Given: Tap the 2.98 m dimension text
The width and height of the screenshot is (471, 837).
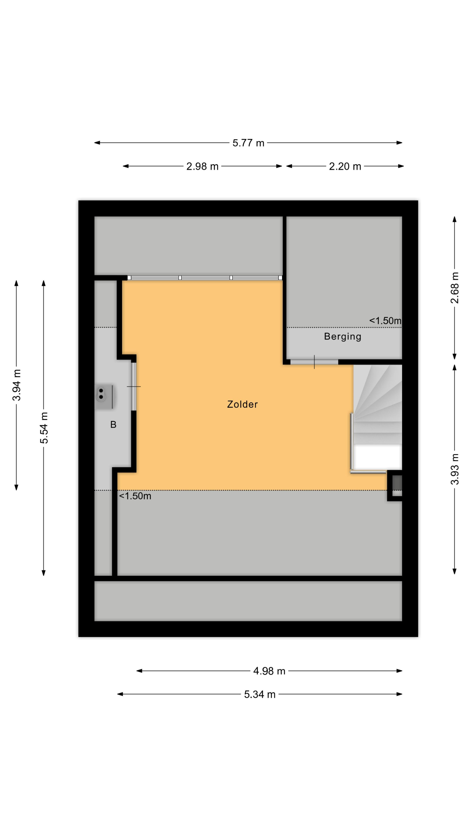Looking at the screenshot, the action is pos(202,166).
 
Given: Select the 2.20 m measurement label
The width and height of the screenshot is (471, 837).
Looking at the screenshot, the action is pos(345,166).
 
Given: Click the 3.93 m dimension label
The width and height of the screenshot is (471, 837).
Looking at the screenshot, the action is pos(454,469).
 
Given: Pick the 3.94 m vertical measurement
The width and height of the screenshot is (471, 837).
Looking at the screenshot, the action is pos(16,385).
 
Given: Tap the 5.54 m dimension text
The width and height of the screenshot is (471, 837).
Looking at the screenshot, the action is pos(44,428).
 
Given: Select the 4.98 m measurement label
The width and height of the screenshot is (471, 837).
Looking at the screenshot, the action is pos(269,671).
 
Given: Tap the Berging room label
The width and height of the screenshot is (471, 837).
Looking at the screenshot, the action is pos(343,337).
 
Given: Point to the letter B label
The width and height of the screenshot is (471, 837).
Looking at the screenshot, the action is pos(113,424).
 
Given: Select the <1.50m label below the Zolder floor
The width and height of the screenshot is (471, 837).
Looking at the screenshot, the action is pos(135,496).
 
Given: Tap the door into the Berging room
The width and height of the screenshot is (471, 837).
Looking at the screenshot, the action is pos(314,362).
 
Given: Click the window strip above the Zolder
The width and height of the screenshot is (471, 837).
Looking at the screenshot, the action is pos(205,278).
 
